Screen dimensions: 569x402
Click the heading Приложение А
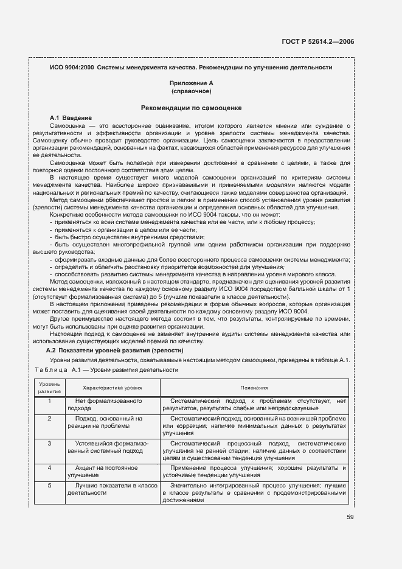click(x=192, y=83)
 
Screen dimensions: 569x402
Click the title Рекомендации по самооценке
click(x=192, y=108)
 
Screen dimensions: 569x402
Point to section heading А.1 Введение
click(x=71, y=117)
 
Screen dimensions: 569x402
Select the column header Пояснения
click(x=254, y=387)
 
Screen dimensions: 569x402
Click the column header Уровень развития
click(x=49, y=388)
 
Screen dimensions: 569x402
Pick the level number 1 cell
click(x=49, y=401)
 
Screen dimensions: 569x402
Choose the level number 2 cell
click(x=49, y=419)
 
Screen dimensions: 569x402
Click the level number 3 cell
click(x=49, y=443)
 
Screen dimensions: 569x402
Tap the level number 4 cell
click(x=49, y=467)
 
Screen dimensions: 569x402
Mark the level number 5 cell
click(x=49, y=485)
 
